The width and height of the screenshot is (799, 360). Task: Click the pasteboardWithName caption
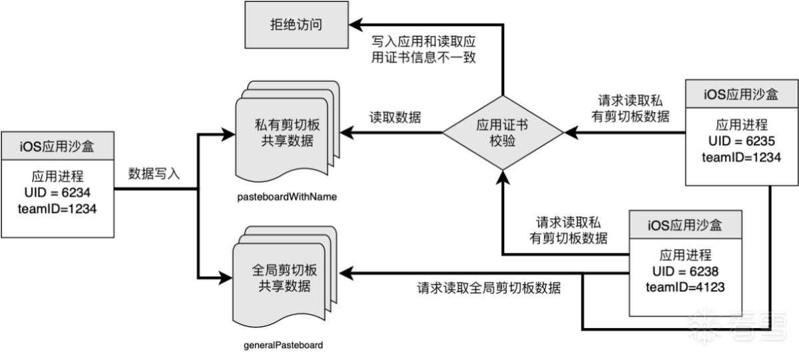click(x=283, y=197)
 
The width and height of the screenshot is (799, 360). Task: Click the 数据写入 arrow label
click(x=154, y=174)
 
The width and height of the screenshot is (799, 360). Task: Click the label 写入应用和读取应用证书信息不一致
click(x=423, y=49)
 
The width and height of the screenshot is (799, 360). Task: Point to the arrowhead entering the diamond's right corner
click(x=570, y=132)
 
